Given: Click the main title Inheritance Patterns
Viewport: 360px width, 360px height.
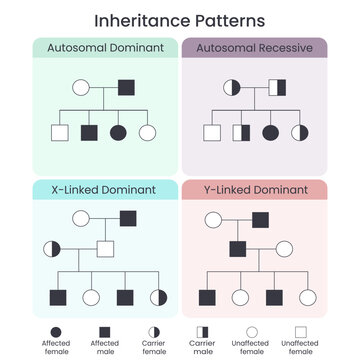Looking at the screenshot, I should pyautogui.click(x=180, y=20).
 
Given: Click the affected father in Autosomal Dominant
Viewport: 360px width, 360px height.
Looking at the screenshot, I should pyautogui.click(x=127, y=88).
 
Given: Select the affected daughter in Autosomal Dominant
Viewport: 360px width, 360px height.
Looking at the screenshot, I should pyautogui.click(x=118, y=132).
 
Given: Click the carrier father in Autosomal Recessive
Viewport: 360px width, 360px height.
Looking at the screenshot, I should pyautogui.click(x=277, y=88).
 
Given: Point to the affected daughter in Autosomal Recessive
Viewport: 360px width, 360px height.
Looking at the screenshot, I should pyautogui.click(x=269, y=132).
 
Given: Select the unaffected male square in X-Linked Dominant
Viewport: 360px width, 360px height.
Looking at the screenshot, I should pyautogui.click(x=105, y=248).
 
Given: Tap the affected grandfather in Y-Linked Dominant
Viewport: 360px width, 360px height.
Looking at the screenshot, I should pyautogui.click(x=259, y=219).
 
